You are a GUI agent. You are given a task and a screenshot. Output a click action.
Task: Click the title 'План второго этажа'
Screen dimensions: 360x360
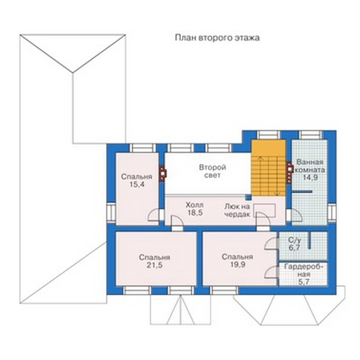(217, 38)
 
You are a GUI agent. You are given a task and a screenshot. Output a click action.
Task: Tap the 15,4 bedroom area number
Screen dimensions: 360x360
(136, 184)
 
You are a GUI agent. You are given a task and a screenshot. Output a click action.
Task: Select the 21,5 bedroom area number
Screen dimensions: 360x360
(154, 265)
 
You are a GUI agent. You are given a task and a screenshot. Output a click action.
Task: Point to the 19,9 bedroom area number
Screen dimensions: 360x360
(238, 265)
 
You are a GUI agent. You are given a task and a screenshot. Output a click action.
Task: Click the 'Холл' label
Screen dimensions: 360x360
(194, 205)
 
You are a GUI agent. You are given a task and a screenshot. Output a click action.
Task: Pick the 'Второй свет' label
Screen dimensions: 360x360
(212, 171)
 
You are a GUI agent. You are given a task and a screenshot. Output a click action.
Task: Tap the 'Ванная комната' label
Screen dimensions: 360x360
(310, 166)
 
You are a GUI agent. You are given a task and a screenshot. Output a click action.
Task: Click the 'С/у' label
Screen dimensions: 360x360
(294, 240)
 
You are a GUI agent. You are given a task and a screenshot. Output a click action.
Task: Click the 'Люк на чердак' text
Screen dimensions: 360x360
(237, 210)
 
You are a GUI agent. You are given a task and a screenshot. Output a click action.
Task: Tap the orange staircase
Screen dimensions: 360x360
(269, 168)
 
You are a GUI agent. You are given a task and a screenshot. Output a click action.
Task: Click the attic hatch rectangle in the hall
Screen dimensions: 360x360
(265, 210)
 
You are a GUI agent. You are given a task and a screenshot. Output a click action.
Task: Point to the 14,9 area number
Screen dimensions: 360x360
(310, 178)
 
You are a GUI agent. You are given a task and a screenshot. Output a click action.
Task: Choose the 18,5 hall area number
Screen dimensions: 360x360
(195, 212)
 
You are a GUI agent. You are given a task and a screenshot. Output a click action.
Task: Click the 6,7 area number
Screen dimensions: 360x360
(294, 248)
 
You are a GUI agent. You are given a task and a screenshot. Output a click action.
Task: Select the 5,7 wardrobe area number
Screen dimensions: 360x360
(304, 282)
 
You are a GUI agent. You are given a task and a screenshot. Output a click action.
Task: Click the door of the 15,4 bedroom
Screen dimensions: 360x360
(153, 215)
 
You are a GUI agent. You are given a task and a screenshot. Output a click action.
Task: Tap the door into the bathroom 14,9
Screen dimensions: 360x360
(297, 215)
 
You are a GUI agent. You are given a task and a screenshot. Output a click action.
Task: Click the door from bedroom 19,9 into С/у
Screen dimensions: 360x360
(271, 244)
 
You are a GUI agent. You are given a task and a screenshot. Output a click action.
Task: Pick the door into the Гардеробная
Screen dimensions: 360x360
(271, 272)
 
